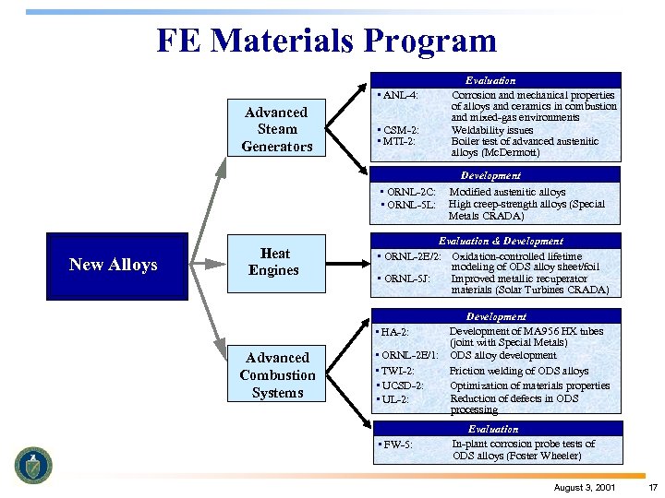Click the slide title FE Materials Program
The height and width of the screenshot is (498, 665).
326,41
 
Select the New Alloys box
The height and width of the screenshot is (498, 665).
113,265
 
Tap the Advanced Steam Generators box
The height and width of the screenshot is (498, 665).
277,129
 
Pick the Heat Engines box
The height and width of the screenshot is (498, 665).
274,262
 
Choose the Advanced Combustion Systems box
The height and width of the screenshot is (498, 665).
277,374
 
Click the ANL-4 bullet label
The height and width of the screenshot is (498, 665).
399,95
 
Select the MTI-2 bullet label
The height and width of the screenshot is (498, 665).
397,141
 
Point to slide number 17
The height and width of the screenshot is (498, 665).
652,487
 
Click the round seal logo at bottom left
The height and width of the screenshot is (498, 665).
33,465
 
